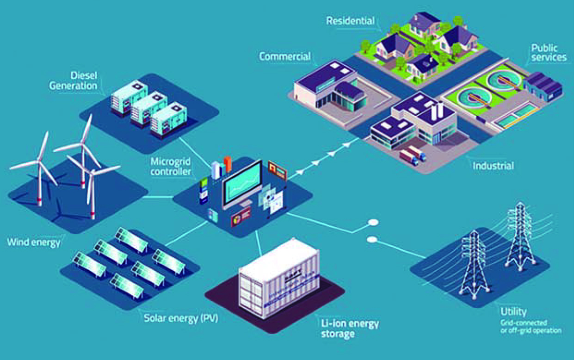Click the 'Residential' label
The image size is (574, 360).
350,21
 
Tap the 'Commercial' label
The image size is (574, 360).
284,56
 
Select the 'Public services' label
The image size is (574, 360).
549,53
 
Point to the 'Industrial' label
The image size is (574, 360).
493,165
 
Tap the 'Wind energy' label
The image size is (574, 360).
33,242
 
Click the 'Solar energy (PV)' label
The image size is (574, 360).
181,318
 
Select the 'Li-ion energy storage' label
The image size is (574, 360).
350,328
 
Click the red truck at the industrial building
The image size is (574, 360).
407,157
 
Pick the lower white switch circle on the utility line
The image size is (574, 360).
371,239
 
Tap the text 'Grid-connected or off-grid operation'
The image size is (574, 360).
531,326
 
